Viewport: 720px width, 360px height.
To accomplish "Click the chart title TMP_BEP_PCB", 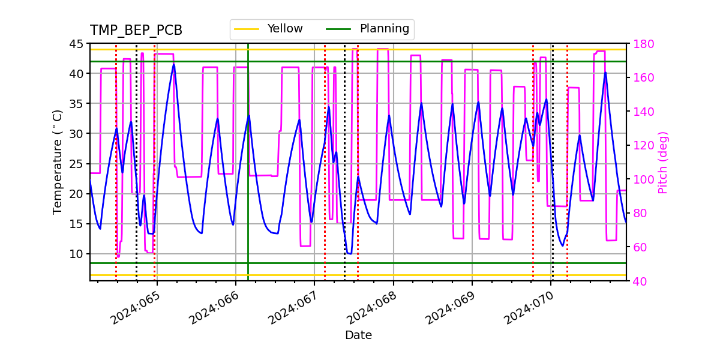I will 136,31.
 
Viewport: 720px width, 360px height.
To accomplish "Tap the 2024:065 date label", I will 136,307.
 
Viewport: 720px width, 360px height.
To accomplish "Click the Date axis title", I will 358,335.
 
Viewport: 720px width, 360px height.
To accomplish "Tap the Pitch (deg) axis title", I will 663,162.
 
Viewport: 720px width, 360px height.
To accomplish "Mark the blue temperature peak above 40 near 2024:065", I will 174,64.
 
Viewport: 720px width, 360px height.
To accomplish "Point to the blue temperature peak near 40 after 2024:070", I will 605,73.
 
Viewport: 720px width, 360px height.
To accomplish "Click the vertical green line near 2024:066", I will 248,180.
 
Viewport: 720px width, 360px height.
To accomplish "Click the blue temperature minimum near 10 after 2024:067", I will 349,253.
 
